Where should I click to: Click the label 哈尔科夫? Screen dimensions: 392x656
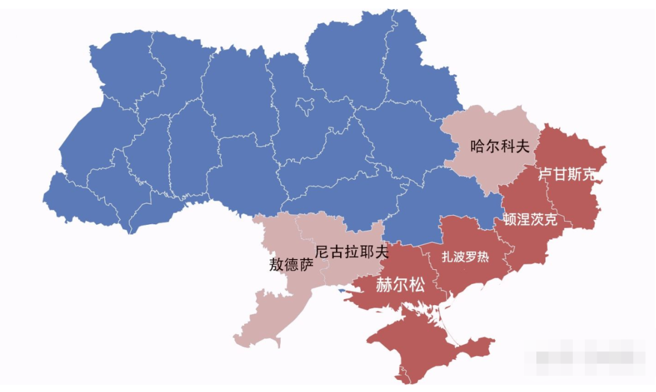(x=500, y=146)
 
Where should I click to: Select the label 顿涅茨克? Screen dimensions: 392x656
(x=530, y=220)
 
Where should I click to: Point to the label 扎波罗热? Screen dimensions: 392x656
(x=465, y=256)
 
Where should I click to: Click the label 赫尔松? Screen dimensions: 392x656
(x=400, y=285)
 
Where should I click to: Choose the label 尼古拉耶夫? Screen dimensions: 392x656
(x=352, y=251)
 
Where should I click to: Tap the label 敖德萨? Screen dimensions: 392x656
(x=292, y=264)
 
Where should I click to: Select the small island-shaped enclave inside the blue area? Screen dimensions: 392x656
(x=305, y=106)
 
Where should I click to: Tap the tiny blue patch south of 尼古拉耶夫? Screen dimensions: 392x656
(x=341, y=290)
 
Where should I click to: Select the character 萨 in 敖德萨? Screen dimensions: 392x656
(x=307, y=264)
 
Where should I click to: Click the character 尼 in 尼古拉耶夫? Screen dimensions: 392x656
(x=323, y=251)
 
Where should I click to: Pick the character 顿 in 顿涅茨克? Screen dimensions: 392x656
(x=510, y=220)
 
